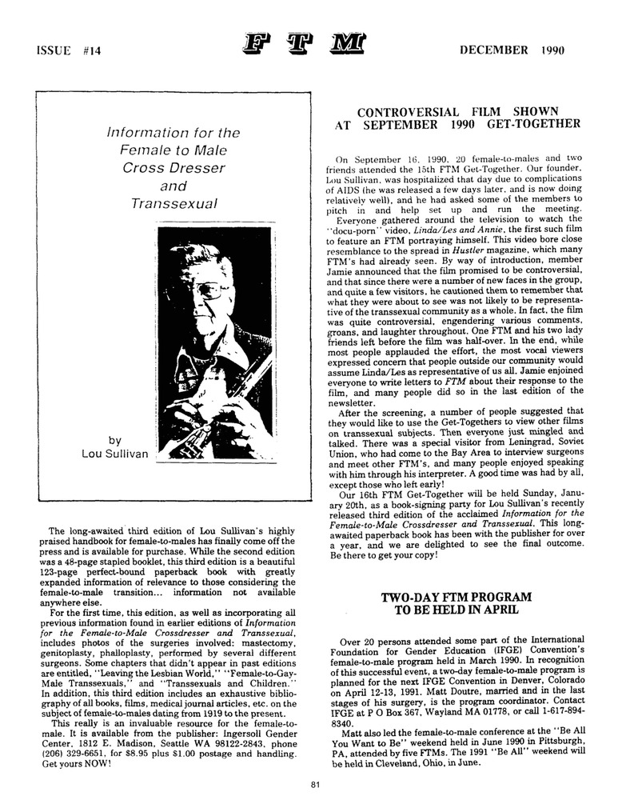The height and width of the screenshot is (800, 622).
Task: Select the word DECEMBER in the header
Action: coord(493,50)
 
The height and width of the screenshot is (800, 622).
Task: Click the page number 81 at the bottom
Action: coord(317,784)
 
